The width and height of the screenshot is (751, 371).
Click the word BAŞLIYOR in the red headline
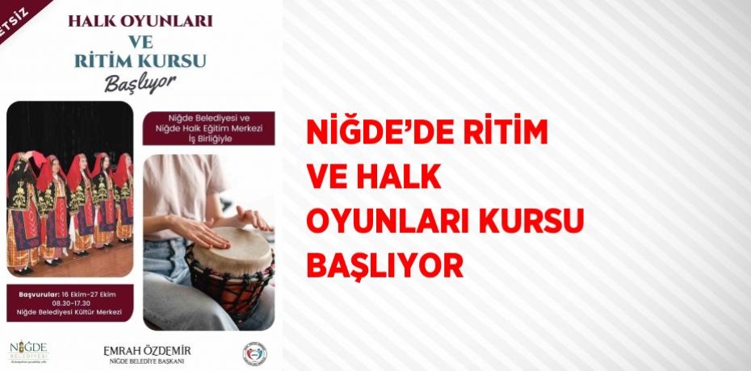[x=384, y=264]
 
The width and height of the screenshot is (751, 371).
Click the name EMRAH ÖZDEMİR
[x=147, y=349]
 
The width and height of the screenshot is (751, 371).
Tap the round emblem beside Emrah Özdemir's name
[x=254, y=353]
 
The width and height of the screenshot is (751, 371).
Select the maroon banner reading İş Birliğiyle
[x=208, y=127]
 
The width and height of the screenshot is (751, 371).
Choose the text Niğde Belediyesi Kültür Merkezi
[x=70, y=311]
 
